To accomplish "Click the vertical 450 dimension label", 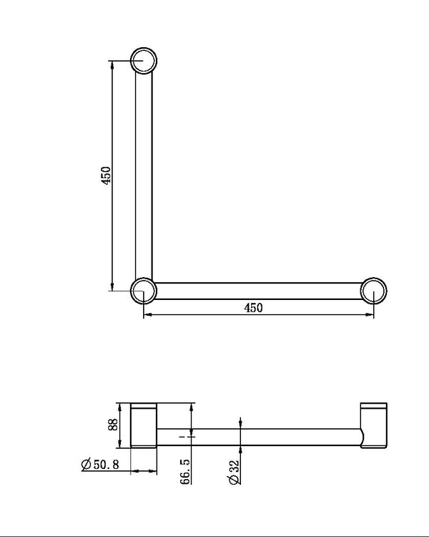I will click(106, 176).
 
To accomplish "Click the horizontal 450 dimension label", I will click(254, 308).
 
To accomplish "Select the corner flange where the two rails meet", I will click(144, 291).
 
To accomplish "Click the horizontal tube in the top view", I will click(257, 291).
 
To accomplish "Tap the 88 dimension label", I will click(112, 425).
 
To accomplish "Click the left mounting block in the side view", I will click(143, 426).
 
